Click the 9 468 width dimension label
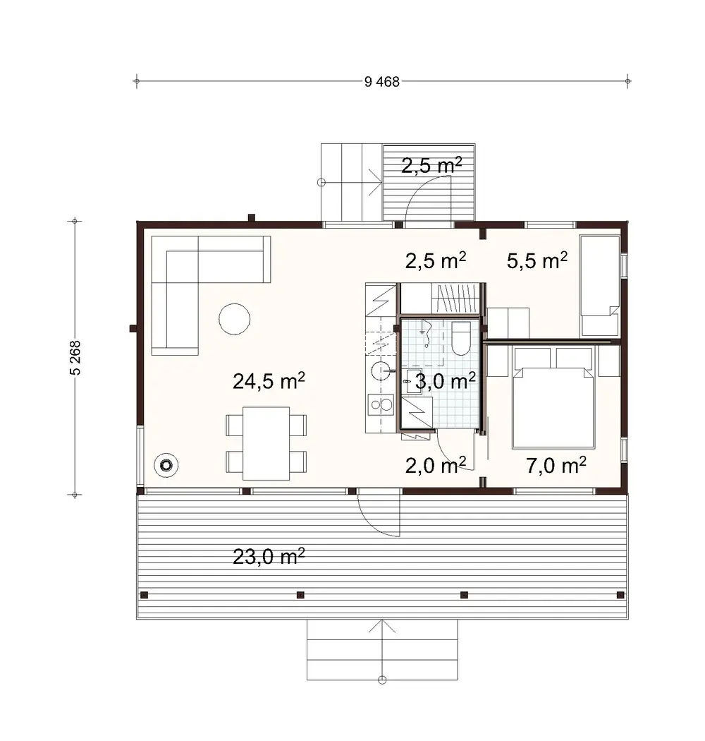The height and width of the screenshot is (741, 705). click(x=382, y=82)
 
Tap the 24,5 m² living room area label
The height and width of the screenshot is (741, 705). click(x=269, y=382)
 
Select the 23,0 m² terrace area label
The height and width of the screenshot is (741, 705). click(x=269, y=556)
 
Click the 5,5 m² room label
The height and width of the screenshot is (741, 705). click(x=537, y=261)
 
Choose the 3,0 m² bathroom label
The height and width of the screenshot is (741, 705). click(x=445, y=382)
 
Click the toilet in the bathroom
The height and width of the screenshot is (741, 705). click(x=460, y=338)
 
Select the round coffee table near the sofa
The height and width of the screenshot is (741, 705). click(x=234, y=318)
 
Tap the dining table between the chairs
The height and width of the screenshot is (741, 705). click(x=266, y=443)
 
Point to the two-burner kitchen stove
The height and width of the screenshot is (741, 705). click(x=381, y=405)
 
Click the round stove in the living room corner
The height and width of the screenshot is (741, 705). click(x=166, y=465)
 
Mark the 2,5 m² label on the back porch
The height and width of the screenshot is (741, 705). click(x=431, y=167)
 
